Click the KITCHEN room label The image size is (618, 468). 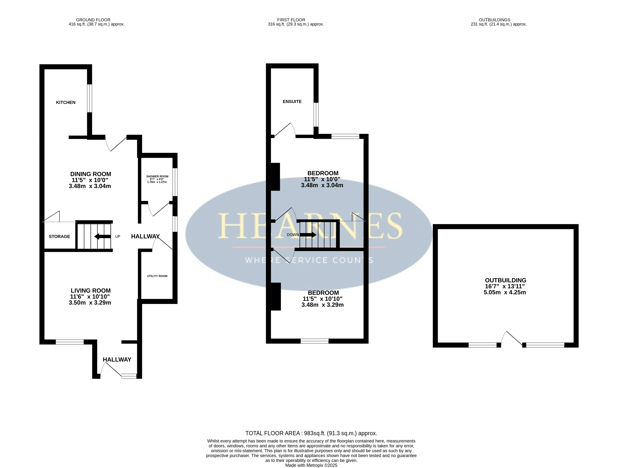(x=66, y=103)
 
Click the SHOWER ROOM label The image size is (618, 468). (x=157, y=177)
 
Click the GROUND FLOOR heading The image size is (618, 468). (x=93, y=20)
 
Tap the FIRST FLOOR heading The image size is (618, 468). (x=291, y=20)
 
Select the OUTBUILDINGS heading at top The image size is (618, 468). (x=495, y=20)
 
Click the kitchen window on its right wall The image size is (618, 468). (x=89, y=98)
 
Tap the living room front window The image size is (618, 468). (x=70, y=342)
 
